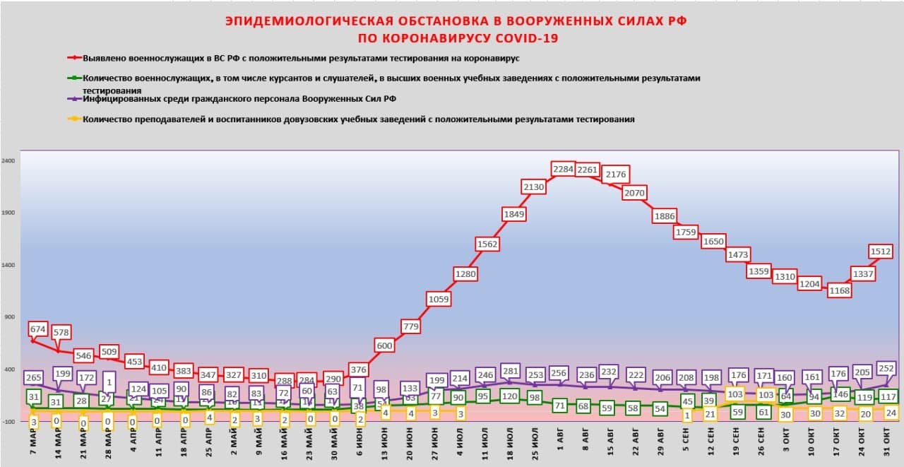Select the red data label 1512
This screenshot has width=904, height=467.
click(x=881, y=251)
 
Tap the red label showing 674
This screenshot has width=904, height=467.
click(x=38, y=329)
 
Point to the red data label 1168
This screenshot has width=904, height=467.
click(x=840, y=290)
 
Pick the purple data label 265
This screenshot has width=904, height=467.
click(x=32, y=377)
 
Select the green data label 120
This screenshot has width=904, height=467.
click(x=509, y=396)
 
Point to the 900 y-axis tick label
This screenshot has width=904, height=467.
click(x=10, y=317)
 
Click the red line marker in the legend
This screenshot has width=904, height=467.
click(x=74, y=58)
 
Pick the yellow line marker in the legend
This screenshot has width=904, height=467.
click(x=74, y=119)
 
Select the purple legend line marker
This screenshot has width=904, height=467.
click(x=74, y=98)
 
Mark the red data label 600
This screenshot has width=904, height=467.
click(x=384, y=345)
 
